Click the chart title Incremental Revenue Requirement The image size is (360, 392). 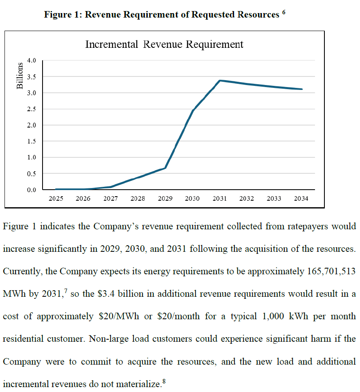pos(164,45)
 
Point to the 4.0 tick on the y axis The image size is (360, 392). pos(32,60)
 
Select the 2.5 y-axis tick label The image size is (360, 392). pos(32,109)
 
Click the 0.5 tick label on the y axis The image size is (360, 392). pos(32,174)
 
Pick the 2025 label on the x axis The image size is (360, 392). pos(56,199)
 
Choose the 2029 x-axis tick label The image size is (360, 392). pos(165,199)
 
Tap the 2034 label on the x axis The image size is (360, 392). pos(301,199)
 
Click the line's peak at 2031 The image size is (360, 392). pos(220,81)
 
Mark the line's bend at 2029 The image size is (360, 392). pos(165,168)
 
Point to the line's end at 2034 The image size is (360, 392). pos(301,89)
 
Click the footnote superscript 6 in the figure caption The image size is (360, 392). pos(283,12)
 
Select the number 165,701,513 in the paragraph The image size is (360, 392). pos(331,271)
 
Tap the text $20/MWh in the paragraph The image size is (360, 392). pos(116,316)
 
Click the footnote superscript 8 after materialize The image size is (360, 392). pos(164,381)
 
